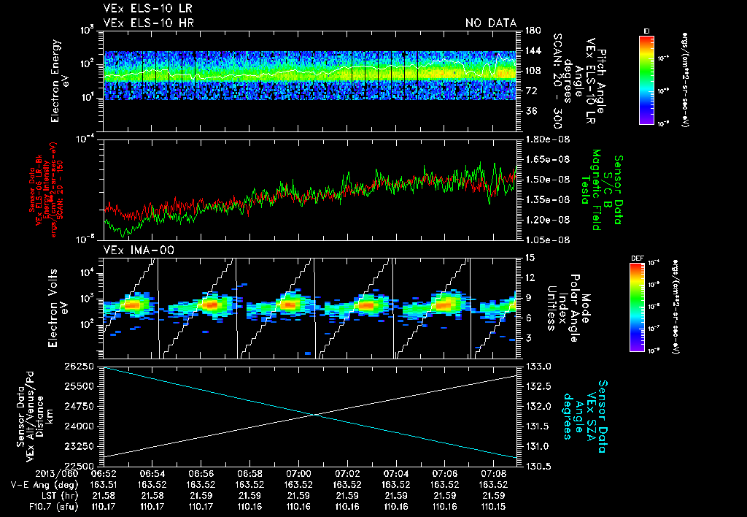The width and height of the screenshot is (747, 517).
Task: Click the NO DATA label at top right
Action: (x=490, y=23)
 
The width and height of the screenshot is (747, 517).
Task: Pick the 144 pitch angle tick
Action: (x=530, y=51)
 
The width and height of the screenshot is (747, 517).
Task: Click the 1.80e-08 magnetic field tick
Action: (x=542, y=139)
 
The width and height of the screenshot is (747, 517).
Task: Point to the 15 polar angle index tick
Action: (x=529, y=257)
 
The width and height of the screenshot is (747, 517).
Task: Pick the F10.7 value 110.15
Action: (x=493, y=505)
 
